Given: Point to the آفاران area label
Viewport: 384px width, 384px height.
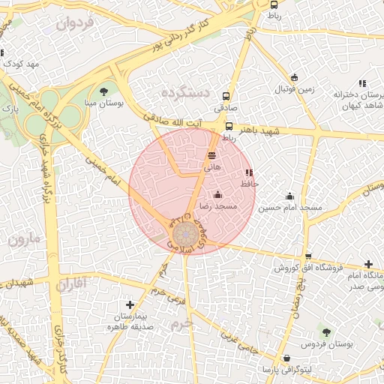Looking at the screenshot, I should pos(72,283).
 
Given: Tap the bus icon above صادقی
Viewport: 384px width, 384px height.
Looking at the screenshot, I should pos(226,97).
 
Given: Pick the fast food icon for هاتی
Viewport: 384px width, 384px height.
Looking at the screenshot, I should pos(213,154).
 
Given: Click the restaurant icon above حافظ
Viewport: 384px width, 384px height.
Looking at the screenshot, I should pos(249,172).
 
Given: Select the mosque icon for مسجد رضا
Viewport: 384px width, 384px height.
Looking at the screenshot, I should pos(218,195).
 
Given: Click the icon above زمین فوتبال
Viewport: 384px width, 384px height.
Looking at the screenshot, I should pos(294,77).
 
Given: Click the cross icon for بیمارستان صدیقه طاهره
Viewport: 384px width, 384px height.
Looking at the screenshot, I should pos(130,304).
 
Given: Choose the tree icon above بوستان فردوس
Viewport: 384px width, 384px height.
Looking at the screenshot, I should pos(326,331).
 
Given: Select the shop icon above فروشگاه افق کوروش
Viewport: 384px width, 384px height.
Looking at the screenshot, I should pos(308,256).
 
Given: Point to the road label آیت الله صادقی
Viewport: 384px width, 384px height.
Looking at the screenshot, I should pos(181,124).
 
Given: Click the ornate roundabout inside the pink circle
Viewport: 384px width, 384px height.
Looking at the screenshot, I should pos(182,234).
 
